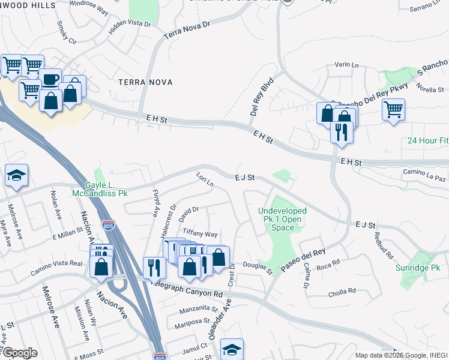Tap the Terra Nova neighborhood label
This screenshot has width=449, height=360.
145,82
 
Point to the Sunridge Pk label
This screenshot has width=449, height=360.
418,267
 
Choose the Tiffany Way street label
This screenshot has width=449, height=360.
200,233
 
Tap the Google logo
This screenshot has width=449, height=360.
19,353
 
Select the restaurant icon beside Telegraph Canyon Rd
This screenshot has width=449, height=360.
155,267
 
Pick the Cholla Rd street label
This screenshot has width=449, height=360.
342,294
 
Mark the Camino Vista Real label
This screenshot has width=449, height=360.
56,267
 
